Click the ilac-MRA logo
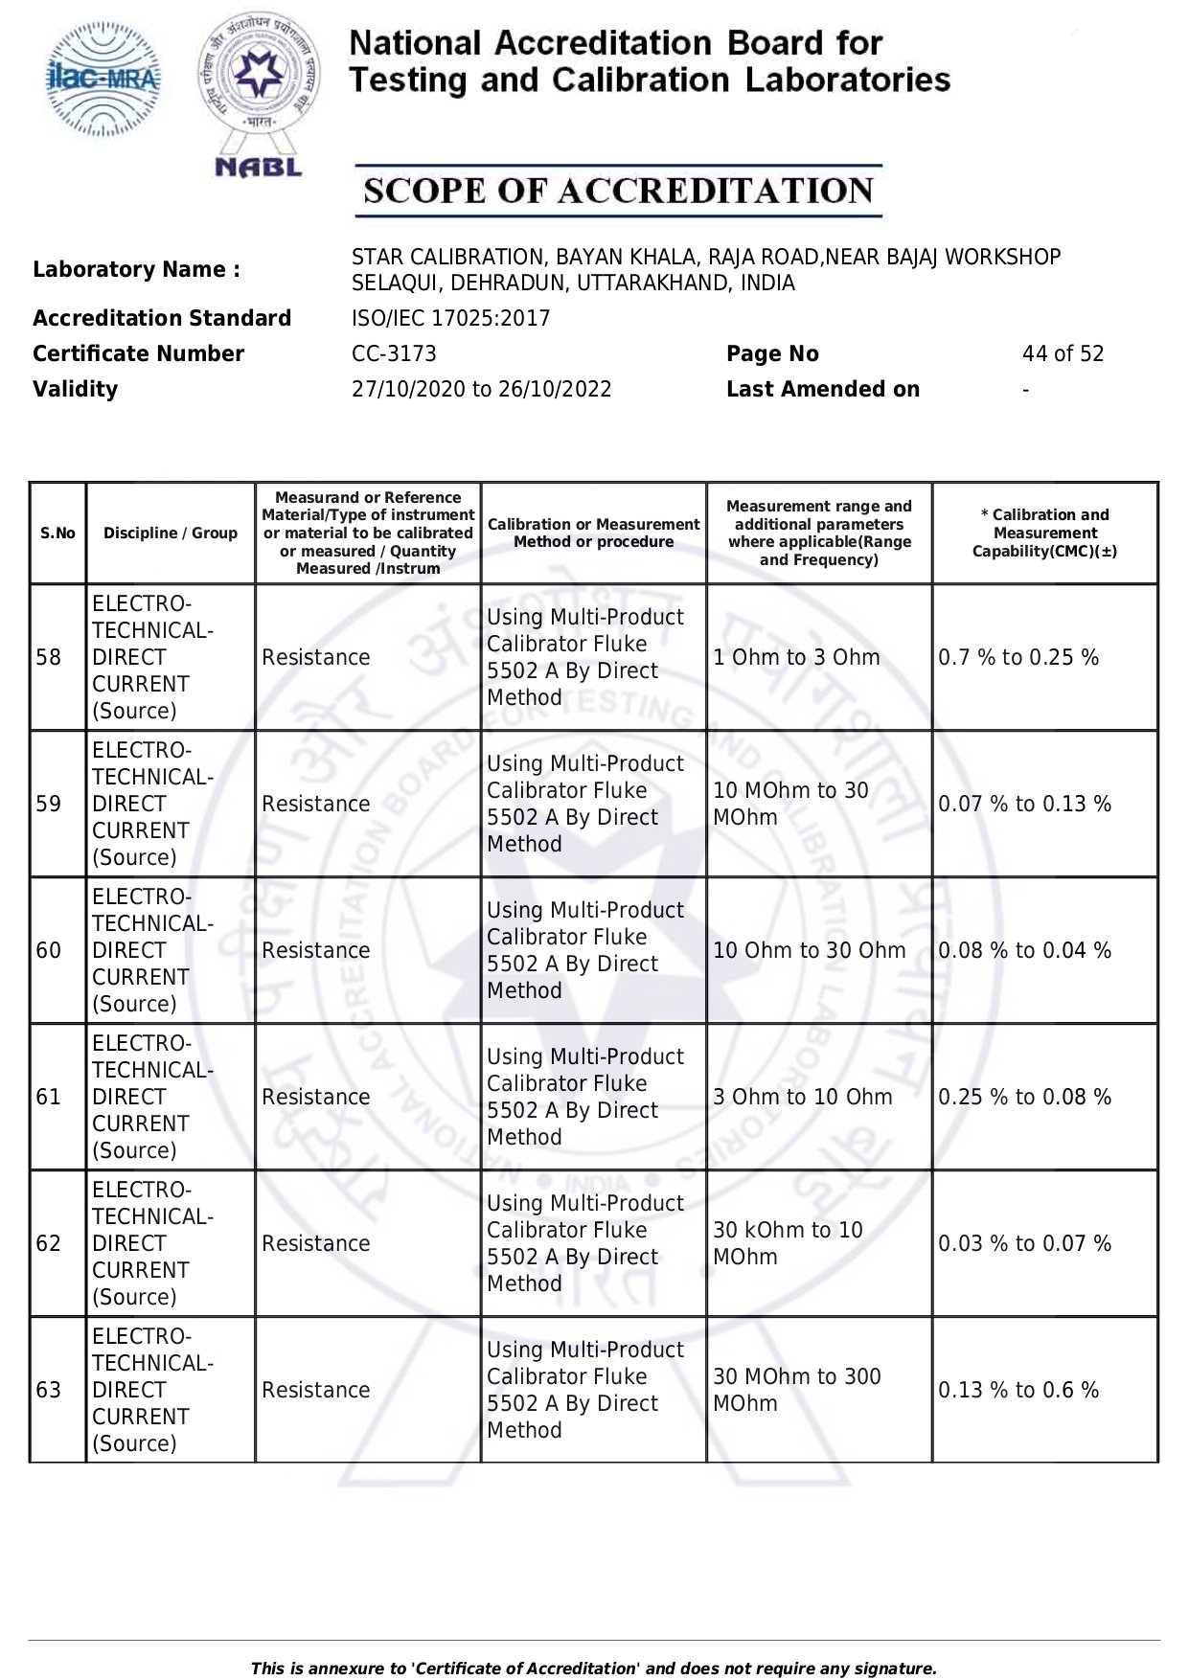click(x=103, y=79)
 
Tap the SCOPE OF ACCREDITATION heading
click(x=618, y=191)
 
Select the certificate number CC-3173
click(x=394, y=354)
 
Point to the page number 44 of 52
click(x=1063, y=354)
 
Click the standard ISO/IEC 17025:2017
click(x=450, y=319)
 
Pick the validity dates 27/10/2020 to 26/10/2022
click(x=481, y=390)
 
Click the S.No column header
click(x=57, y=534)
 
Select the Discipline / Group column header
click(x=171, y=534)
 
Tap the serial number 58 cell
click(x=49, y=658)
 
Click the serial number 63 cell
click(x=49, y=1391)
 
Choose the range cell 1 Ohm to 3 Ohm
click(x=796, y=658)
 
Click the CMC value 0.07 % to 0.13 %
click(x=1024, y=805)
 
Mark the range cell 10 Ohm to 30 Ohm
click(x=809, y=951)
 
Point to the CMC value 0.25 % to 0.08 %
click(x=1024, y=1098)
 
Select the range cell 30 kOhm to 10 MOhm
click(x=788, y=1243)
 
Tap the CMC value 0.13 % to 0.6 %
click(x=1018, y=1391)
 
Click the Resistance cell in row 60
click(x=315, y=951)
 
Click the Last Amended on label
click(x=822, y=390)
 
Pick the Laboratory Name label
click(x=136, y=270)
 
